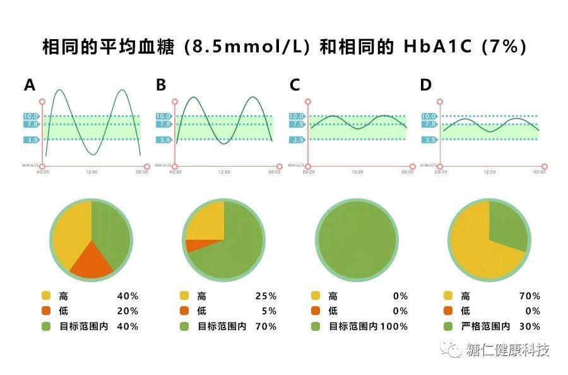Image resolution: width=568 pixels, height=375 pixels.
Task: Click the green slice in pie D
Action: [509, 225]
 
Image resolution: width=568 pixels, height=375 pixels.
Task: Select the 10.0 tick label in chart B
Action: [163, 116]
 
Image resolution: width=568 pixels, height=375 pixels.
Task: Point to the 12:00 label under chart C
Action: [357, 172]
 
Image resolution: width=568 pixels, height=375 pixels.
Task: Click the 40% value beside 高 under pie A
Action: [127, 296]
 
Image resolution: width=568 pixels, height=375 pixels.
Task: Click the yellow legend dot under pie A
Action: [45, 296]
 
